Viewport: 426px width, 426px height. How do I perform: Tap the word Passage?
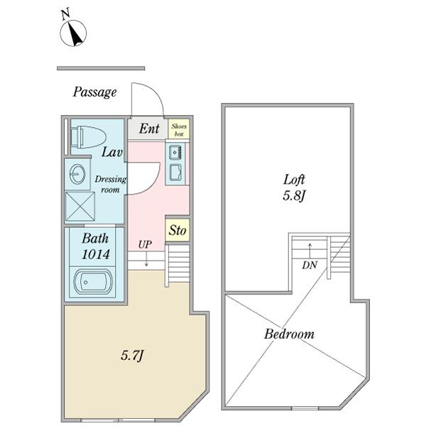(x=94, y=92)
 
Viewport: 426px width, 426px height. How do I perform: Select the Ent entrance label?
(x=148, y=129)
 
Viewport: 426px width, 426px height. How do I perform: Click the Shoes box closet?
(x=179, y=129)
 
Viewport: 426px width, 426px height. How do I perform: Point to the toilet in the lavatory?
(x=89, y=136)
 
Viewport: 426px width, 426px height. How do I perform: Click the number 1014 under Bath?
(x=95, y=253)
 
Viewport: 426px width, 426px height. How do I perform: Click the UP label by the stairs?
(x=146, y=245)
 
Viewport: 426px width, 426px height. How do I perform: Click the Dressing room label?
(x=110, y=185)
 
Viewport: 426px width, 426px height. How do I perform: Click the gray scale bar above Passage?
(x=101, y=68)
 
